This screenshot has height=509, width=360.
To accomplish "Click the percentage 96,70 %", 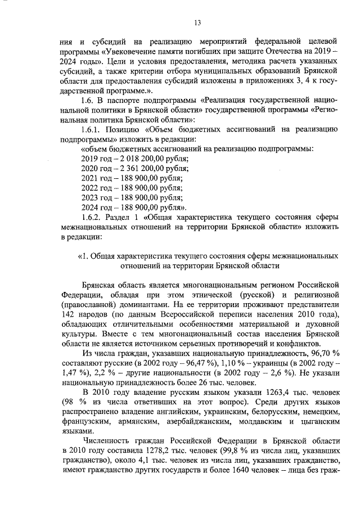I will (321, 353).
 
